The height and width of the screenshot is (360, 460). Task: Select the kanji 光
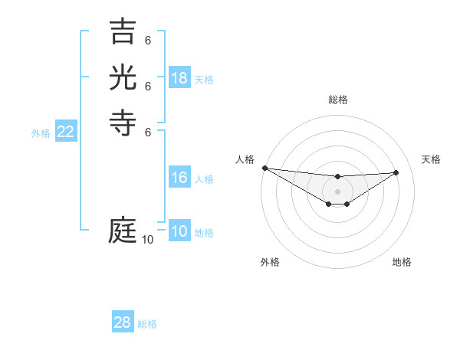123,79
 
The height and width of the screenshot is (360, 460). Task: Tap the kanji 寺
123,123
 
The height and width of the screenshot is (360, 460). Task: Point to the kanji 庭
123,230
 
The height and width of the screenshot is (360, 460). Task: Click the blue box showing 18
179,78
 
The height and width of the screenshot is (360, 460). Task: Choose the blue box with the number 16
179,178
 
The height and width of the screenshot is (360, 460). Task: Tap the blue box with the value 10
179,232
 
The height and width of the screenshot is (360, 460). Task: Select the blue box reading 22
66,132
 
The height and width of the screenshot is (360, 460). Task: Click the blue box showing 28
123,322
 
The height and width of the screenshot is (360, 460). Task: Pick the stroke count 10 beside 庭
147,240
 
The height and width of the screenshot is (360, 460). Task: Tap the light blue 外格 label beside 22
41,133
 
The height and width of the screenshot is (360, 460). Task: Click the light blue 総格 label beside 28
148,324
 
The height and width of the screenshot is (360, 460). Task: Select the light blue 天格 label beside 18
204,80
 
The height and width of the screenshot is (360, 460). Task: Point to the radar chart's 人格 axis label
245,159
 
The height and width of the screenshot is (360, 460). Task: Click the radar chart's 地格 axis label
402,262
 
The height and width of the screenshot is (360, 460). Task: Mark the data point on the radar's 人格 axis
264,168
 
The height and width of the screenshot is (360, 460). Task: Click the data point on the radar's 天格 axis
396,172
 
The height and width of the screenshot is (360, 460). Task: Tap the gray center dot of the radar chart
337,191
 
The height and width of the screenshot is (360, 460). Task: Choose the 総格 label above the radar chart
337,100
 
